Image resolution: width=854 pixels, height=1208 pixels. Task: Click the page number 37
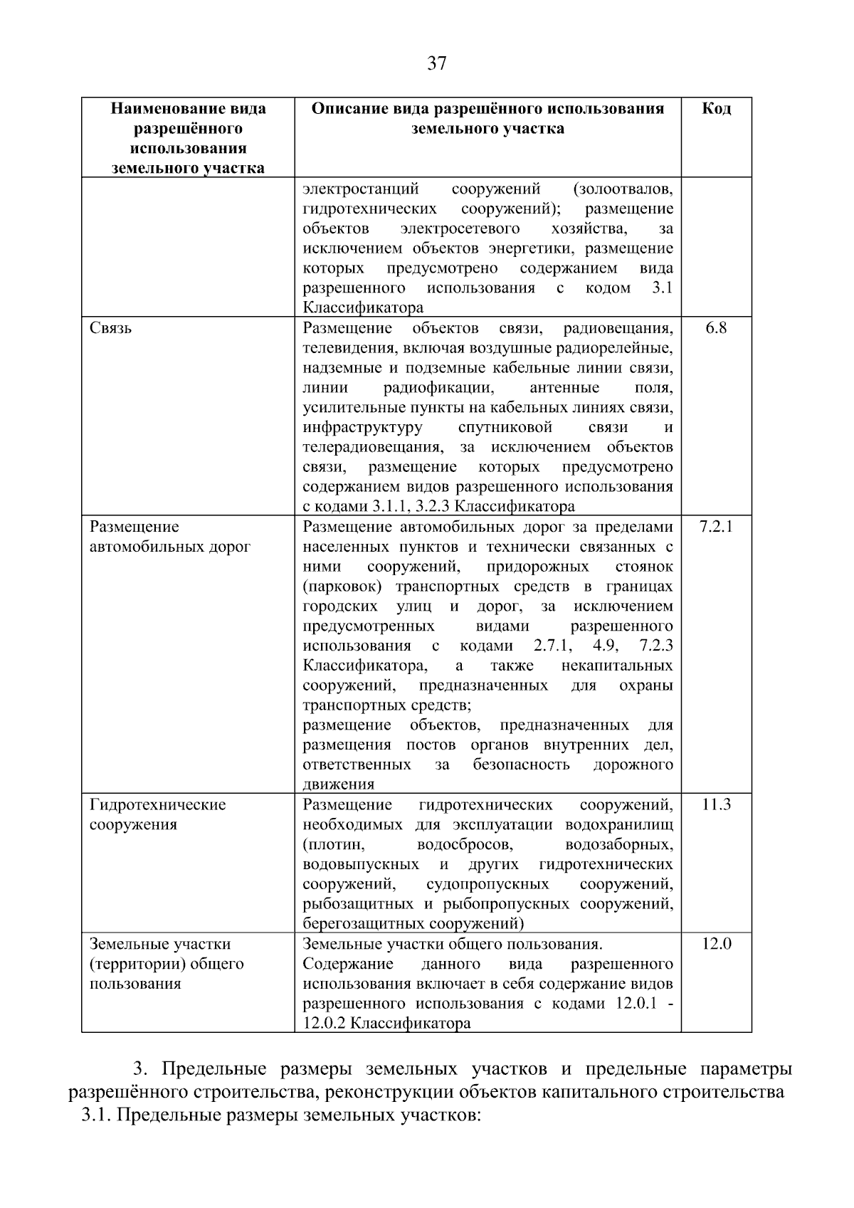click(x=436, y=64)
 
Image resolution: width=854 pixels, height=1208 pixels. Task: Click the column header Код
click(x=716, y=109)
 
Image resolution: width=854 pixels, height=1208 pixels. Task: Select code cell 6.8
click(x=716, y=329)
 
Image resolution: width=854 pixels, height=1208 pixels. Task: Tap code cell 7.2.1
click(x=716, y=527)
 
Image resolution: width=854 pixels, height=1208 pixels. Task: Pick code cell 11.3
click(x=716, y=805)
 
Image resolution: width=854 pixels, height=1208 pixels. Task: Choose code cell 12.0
click(x=716, y=945)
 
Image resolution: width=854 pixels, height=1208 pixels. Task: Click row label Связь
click(x=111, y=329)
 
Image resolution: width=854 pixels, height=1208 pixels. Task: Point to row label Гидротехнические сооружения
click(x=157, y=815)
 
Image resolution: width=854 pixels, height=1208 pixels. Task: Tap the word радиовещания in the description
click(x=618, y=329)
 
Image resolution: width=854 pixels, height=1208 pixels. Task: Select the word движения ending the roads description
click(x=338, y=785)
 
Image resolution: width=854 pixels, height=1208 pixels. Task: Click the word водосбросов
click(x=464, y=845)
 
